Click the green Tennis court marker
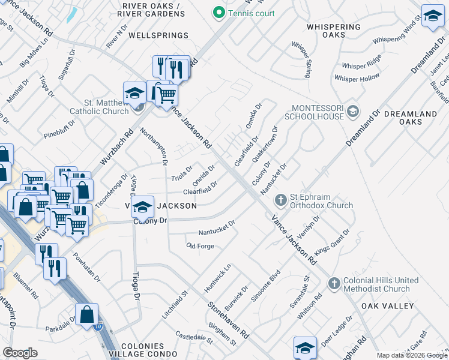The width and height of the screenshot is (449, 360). pos(219,13)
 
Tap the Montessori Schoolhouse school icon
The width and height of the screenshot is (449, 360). pos(353,110)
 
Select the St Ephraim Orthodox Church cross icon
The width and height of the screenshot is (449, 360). pos(280,200)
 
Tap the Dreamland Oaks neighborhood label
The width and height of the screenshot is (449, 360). pos(419,118)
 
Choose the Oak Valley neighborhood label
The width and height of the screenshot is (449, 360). pos(388,306)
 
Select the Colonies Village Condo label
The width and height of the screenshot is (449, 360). pos(142,350)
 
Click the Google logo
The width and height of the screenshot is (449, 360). pos(20,353)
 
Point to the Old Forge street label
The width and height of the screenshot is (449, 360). pos(200,246)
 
